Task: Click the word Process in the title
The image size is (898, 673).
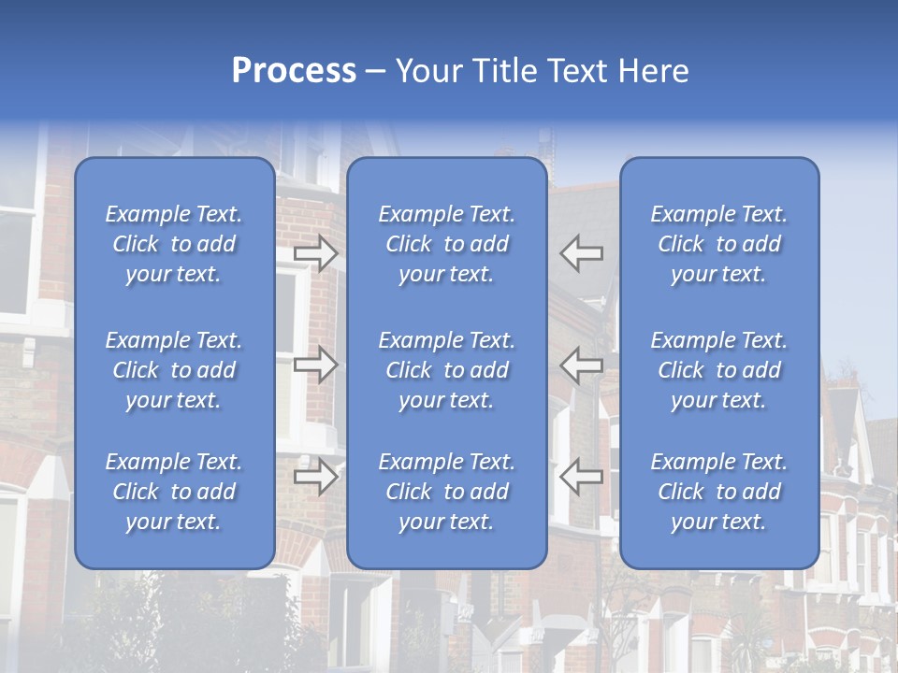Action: click(294, 71)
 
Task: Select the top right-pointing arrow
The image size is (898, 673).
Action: click(315, 253)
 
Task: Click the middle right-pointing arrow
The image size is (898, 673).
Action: click(315, 365)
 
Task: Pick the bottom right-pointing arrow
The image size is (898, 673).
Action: click(315, 478)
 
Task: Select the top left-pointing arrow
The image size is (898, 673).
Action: click(581, 253)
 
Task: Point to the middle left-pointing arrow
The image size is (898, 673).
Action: click(581, 365)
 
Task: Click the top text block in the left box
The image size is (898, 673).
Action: click(174, 244)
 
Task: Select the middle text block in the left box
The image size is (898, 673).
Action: click(174, 370)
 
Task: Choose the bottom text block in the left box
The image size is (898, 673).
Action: click(174, 492)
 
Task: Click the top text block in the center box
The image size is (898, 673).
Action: click(446, 244)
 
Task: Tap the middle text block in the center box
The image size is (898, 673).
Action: click(446, 370)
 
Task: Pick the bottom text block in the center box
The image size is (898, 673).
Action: click(446, 492)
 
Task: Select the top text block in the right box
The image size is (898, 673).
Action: click(718, 244)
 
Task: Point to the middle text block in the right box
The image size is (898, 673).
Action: click(718, 370)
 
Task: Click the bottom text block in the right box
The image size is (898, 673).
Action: click(718, 492)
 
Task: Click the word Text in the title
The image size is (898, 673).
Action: click(576, 71)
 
